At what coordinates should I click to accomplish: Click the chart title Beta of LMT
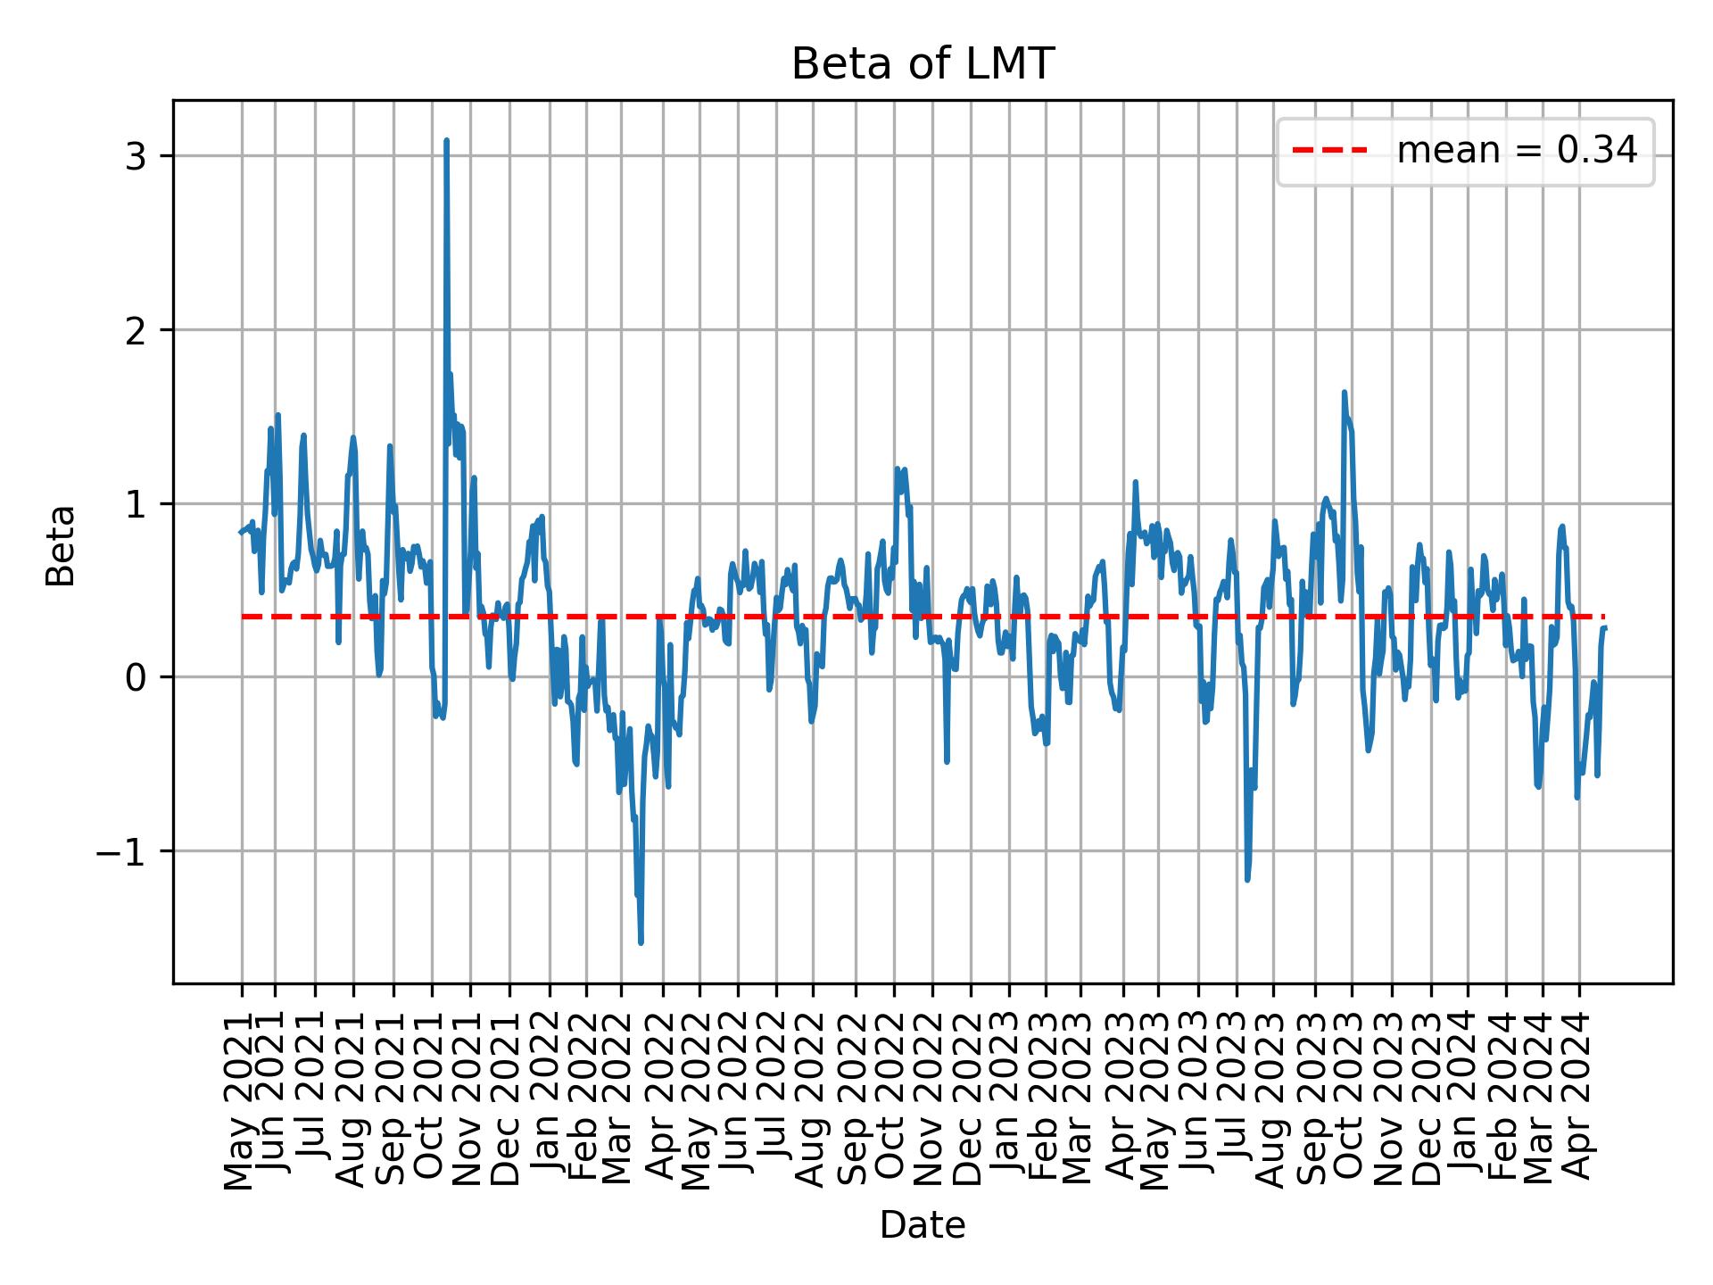click(923, 64)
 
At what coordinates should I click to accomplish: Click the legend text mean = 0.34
click(1517, 152)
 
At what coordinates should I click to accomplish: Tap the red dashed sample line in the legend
click(1329, 152)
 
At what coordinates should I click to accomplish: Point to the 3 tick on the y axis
click(136, 156)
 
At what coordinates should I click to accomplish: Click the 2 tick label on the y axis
click(136, 330)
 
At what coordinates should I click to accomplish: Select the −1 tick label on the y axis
click(121, 851)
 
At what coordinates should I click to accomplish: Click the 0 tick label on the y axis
click(136, 677)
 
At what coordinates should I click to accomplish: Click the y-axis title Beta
click(61, 545)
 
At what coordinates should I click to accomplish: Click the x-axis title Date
click(923, 1226)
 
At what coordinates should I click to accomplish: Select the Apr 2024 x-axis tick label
click(1579, 1098)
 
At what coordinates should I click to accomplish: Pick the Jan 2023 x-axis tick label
click(1009, 1098)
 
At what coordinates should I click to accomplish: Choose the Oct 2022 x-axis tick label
click(893, 1098)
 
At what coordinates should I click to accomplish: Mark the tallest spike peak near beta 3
click(446, 141)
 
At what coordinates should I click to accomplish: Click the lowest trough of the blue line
click(641, 942)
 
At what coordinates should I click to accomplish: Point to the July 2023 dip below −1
click(1247, 880)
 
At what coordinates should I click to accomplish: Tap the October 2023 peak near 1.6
click(1344, 393)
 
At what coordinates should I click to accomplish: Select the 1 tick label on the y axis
click(136, 504)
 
